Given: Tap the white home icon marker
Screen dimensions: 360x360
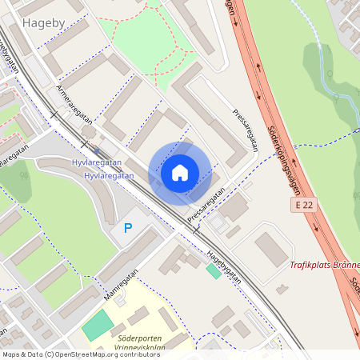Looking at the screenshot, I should [x=180, y=173].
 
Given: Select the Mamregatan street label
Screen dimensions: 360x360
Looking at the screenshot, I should [x=120, y=285].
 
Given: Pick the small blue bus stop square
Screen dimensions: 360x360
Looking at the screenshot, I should [x=97, y=150].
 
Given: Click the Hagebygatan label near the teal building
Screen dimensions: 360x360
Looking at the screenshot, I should [x=224, y=265].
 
